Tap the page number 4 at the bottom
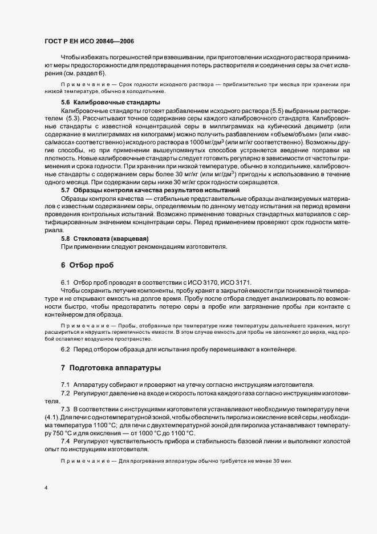point(46,488)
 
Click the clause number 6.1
point(65,283)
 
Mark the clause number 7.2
point(65,394)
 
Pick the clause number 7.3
point(65,410)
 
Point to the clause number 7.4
point(65,442)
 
